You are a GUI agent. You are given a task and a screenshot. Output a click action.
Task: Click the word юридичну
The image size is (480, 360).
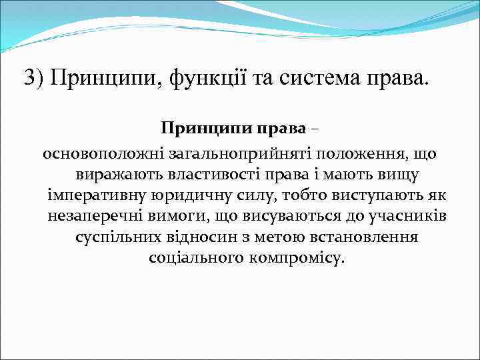click(x=183, y=195)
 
